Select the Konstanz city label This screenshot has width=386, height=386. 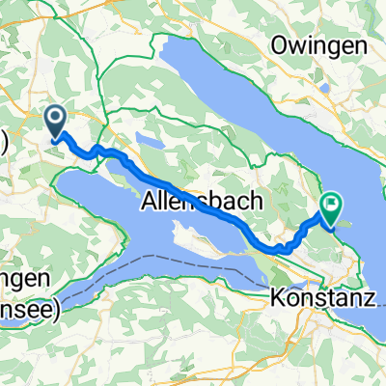pyautogui.click(x=321, y=273)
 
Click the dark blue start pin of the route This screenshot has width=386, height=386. pyautogui.click(x=56, y=121)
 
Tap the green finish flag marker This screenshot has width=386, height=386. pyautogui.click(x=332, y=205)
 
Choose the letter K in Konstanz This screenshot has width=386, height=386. pyautogui.click(x=278, y=273)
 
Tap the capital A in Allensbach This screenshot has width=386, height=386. pyautogui.click(x=148, y=203)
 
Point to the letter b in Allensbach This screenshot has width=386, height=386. pyautogui.click(x=205, y=203)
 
